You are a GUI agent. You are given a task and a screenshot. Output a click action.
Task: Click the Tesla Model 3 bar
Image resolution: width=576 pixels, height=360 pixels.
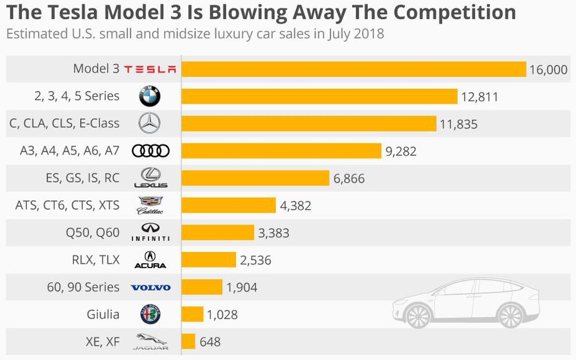coord(353,69)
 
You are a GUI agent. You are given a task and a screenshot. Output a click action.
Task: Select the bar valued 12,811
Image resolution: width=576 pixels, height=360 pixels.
coord(319,96)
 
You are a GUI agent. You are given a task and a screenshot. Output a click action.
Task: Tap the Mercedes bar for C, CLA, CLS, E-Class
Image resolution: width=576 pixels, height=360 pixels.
coord(309,123)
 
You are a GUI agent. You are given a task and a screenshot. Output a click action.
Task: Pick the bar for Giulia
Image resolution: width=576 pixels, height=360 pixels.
coord(192,314)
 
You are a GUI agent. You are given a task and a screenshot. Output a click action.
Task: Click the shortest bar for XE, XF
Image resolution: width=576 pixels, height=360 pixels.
coord(188,341)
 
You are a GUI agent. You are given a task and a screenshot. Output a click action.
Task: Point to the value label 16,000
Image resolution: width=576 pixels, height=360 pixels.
coord(548,70)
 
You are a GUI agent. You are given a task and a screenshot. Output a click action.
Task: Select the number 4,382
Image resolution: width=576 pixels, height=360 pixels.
coord(295,205)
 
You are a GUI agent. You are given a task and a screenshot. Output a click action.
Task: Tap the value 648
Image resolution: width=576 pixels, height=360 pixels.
coord(210,342)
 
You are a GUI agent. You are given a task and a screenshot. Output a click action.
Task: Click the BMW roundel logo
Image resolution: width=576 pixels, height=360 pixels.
coord(149,96)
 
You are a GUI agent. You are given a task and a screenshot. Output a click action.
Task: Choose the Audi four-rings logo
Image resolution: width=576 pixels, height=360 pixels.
coord(150,151)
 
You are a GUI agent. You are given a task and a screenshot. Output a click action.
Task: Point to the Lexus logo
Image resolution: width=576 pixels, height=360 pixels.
coord(150,178)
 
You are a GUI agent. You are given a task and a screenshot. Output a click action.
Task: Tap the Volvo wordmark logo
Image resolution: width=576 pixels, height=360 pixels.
coord(150,287)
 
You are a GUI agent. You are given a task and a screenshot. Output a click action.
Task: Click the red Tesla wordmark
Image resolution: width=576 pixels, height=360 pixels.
coord(150,69)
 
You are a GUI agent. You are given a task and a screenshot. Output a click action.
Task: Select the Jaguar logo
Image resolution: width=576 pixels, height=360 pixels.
coord(150,341)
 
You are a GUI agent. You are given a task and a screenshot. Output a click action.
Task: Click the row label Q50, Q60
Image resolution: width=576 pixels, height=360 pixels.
coord(93,232)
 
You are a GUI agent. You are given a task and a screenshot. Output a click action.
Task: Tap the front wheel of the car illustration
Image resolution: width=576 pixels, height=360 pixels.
coord(418,315)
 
